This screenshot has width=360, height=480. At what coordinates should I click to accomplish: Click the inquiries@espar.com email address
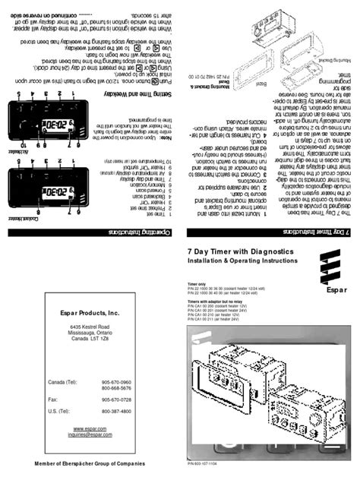click(x=90, y=436)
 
